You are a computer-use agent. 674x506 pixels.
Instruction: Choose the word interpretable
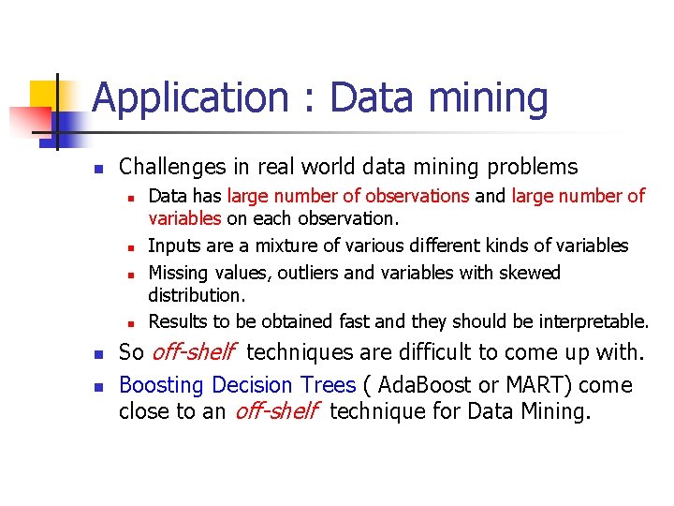pos(593,321)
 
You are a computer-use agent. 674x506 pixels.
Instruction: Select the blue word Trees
pos(328,385)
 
